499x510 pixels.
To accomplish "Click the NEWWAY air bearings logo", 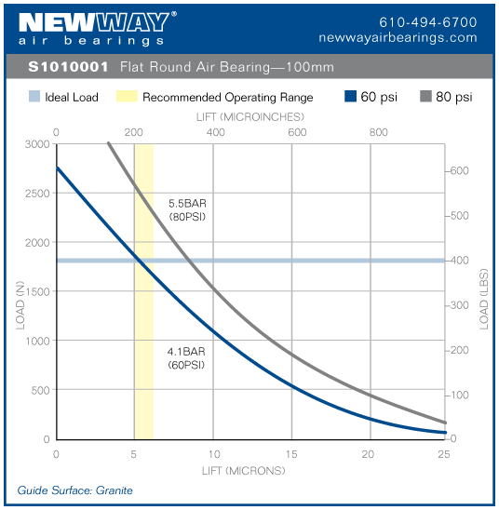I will click(92, 28).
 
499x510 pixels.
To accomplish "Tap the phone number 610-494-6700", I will click(428, 21).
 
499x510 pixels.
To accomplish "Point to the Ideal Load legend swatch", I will click(34, 97).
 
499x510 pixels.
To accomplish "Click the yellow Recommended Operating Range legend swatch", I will click(127, 97).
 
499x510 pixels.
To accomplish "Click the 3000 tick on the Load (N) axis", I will click(37, 144).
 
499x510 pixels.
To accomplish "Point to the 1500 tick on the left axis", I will click(37, 291).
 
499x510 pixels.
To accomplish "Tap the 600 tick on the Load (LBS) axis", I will click(459, 170).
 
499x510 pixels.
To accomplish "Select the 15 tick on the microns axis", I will click(291, 454).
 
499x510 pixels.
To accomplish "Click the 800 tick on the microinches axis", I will click(378, 132).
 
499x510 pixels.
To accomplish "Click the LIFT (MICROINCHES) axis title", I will click(249, 118).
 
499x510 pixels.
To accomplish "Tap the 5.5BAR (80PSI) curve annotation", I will click(186, 209).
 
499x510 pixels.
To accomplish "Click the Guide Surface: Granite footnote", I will click(75, 490).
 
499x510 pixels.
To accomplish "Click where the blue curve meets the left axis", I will click(57, 168).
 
